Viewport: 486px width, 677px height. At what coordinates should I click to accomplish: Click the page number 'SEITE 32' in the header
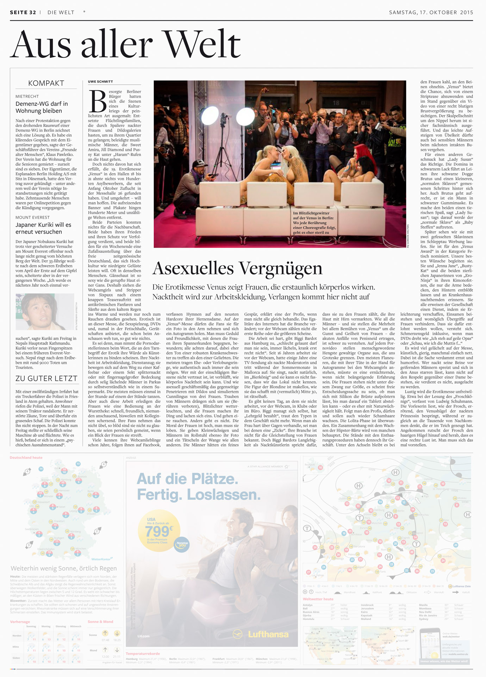[23, 12]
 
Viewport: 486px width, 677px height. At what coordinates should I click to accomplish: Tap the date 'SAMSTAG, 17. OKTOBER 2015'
[431, 12]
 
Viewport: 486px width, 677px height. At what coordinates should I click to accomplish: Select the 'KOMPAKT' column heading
[46, 83]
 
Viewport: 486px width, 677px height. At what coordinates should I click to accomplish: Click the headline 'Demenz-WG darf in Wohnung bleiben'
[42, 107]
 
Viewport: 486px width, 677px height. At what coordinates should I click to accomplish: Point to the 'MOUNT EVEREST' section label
[32, 217]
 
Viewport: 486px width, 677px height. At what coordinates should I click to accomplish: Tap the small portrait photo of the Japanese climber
[45, 311]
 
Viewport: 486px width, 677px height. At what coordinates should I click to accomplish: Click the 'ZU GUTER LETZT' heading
[46, 378]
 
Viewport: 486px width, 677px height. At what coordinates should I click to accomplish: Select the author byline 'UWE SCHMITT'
[100, 81]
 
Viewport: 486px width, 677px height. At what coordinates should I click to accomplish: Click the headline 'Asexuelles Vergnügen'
[237, 268]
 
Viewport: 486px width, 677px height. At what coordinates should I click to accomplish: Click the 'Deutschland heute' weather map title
[26, 458]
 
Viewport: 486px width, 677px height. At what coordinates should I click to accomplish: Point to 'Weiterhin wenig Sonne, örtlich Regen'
[63, 568]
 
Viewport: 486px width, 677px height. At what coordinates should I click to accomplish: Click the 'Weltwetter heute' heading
[318, 599]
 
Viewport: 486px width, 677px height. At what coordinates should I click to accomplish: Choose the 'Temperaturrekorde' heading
[143, 654]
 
